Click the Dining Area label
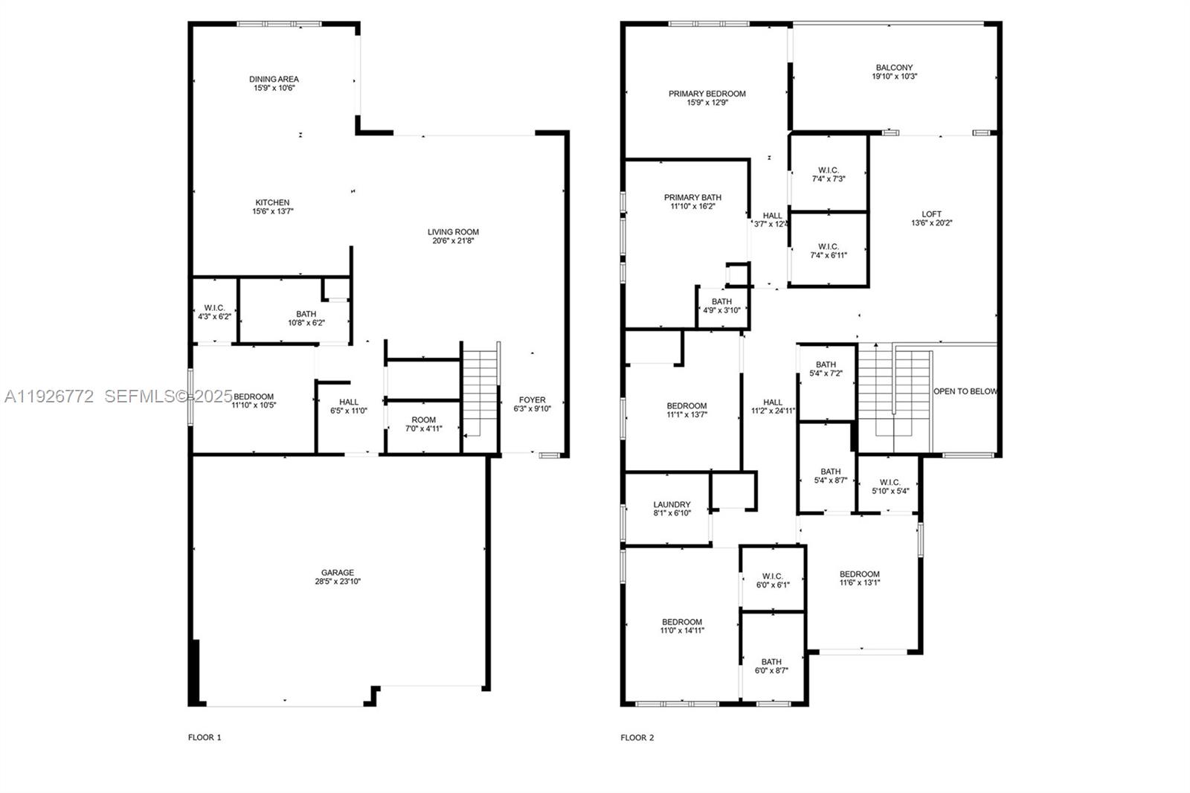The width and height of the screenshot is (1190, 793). click(274, 79)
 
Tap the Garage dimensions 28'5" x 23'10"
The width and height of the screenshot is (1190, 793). click(338, 582)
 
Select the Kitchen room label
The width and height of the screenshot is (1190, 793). click(272, 202)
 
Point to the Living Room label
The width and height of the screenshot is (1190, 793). click(453, 232)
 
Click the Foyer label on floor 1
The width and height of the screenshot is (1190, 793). click(532, 400)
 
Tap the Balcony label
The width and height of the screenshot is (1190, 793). click(894, 68)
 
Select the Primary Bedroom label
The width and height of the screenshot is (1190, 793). click(707, 94)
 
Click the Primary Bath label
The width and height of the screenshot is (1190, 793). click(692, 198)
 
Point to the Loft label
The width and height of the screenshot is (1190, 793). click(931, 214)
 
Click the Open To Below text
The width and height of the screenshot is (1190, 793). click(965, 391)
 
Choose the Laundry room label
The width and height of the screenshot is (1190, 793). click(672, 504)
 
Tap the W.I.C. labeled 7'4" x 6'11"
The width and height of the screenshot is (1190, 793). click(828, 251)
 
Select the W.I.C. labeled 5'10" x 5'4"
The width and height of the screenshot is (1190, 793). click(890, 487)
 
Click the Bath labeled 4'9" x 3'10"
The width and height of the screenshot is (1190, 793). click(721, 306)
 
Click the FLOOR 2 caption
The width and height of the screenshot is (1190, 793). click(637, 738)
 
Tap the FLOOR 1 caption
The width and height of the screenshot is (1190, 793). click(205, 738)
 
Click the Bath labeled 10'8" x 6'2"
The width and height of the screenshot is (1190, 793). click(306, 318)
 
